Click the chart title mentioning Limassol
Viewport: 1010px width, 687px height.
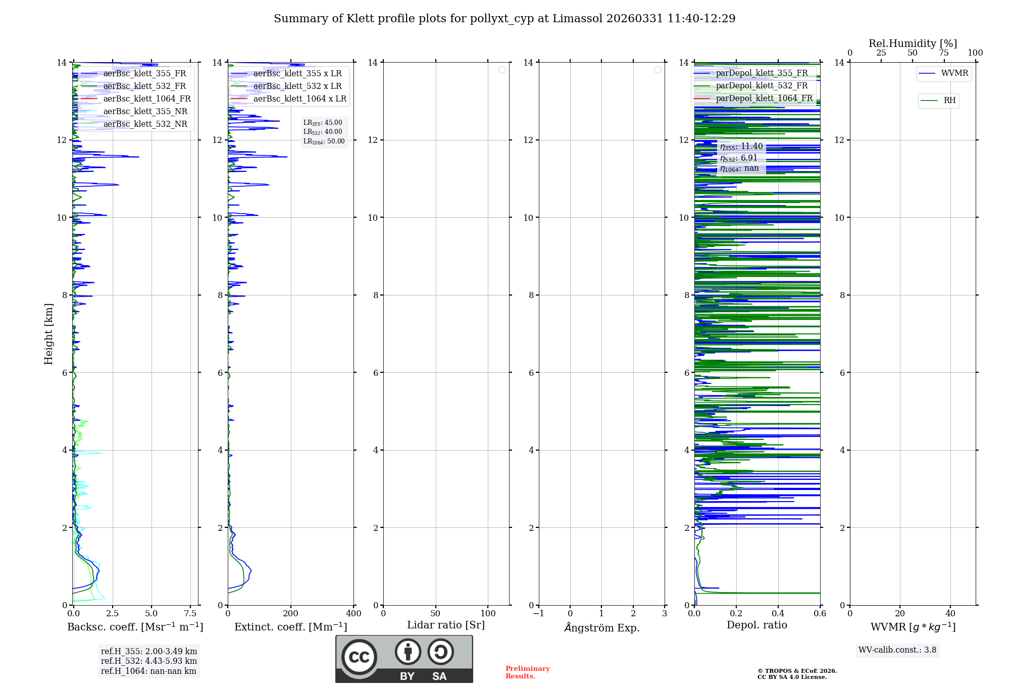[504, 19]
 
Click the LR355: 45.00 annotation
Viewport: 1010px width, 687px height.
[323, 123]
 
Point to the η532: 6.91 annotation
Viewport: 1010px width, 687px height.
[739, 158]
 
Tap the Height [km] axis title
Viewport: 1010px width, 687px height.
[48, 334]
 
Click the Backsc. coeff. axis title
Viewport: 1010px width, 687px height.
[135, 627]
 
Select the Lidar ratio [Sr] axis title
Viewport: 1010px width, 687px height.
[446, 625]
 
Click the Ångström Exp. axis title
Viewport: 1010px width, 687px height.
[602, 628]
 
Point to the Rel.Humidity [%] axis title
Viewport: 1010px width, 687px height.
[913, 43]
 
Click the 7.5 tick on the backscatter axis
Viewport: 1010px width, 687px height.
[190, 614]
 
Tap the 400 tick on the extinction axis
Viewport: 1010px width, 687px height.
[353, 614]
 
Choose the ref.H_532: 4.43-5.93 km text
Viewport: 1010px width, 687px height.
[149, 661]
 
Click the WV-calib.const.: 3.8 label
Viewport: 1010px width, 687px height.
[897, 650]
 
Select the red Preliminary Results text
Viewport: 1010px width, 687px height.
[527, 672]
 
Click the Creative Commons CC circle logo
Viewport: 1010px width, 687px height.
[359, 657]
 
